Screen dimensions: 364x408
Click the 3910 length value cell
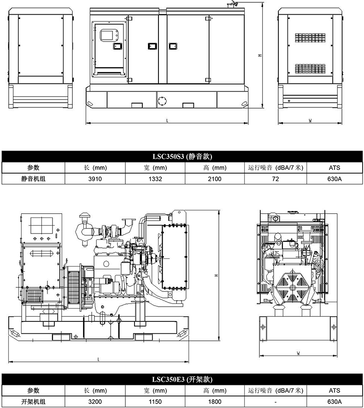pyautogui.click(x=95, y=179)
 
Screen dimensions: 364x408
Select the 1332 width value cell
pyautogui.click(x=155, y=179)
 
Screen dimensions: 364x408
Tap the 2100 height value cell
pyautogui.click(x=215, y=179)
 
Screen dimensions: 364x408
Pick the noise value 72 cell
pyautogui.click(x=276, y=179)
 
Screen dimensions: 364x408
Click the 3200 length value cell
pyautogui.click(x=95, y=402)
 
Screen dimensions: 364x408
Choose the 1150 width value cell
pyautogui.click(x=155, y=402)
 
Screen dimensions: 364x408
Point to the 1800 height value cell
pyautogui.click(x=215, y=402)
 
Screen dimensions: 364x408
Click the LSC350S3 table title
pyautogui.click(x=182, y=157)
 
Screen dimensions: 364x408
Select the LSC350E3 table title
pyautogui.click(x=182, y=379)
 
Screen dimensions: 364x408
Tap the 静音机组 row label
pyautogui.click(x=33, y=179)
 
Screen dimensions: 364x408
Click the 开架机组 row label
pyautogui.click(x=33, y=402)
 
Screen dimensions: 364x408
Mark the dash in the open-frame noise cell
pyautogui.click(x=276, y=402)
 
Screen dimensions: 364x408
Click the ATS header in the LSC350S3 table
pyautogui.click(x=335, y=168)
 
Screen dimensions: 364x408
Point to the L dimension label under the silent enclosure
pyautogui.click(x=167, y=121)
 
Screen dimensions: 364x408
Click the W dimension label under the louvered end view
pyautogui.click(x=310, y=121)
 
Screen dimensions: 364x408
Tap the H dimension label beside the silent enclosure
pyautogui.click(x=260, y=55)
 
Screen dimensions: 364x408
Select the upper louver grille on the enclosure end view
pyautogui.click(x=310, y=38)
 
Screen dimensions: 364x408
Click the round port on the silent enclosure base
pyautogui.click(x=162, y=100)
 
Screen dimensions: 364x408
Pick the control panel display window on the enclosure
pyautogui.click(x=109, y=35)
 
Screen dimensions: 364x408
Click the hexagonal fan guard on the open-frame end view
pyautogui.click(x=293, y=286)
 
